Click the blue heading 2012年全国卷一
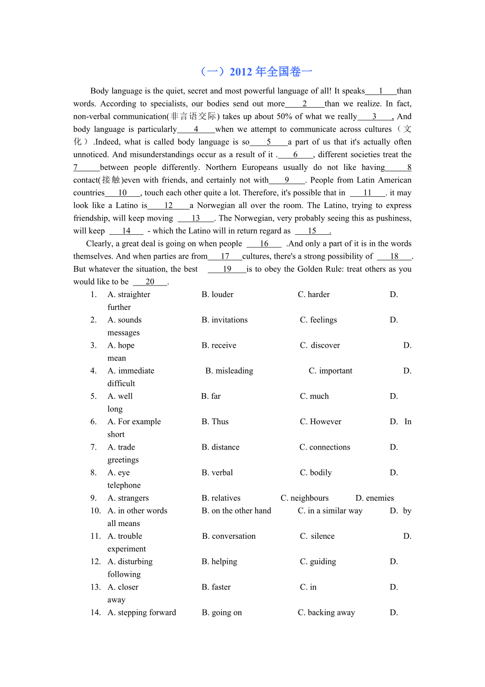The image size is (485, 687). (x=257, y=72)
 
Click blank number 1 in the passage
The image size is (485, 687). (x=381, y=91)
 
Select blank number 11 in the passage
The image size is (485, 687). (x=367, y=193)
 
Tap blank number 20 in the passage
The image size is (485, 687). (x=150, y=282)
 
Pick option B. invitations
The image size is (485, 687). (x=225, y=320)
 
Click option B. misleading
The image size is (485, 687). (x=229, y=371)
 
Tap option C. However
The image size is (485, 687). (x=321, y=422)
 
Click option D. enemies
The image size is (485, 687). (x=375, y=498)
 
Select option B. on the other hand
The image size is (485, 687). (x=236, y=511)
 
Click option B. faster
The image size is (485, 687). (x=216, y=587)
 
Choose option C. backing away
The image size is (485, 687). (x=326, y=613)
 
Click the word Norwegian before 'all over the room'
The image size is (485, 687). (x=217, y=206)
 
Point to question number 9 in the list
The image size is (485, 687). (x=94, y=498)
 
